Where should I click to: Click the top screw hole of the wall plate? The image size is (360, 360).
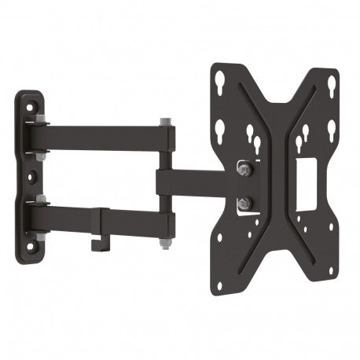pyautogui.click(x=31, y=102)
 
